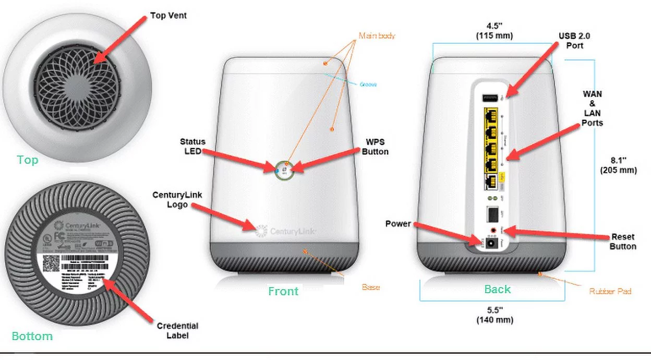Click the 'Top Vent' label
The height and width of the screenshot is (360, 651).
point(168,16)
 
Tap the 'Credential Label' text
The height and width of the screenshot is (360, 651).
point(177,330)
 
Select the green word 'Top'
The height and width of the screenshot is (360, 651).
point(28,160)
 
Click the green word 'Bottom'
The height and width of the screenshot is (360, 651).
point(32,336)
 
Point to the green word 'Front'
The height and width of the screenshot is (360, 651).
point(283,291)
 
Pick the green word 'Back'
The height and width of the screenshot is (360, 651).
point(497,289)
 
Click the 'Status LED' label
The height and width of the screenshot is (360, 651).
point(192,146)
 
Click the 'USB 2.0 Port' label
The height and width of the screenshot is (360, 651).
point(574,41)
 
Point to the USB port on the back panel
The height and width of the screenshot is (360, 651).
point(490,98)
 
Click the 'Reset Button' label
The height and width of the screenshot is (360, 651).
point(623,241)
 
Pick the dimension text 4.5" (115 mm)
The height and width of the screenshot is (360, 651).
point(492,31)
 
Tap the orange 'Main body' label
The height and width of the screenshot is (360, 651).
point(377,36)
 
